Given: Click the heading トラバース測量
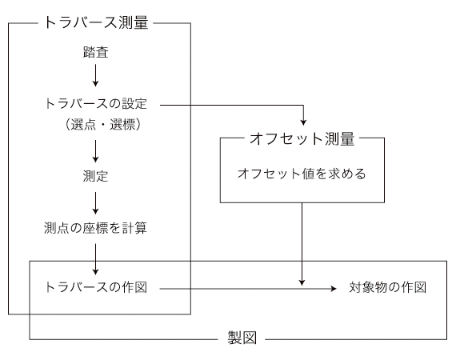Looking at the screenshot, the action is (x=96, y=22).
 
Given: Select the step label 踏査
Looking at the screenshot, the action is (x=96, y=52).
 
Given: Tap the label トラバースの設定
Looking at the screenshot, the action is (x=96, y=103).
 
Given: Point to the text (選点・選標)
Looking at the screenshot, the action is (x=102, y=125).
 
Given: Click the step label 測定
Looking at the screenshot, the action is (x=95, y=176).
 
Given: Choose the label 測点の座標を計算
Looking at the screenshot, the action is (x=95, y=228).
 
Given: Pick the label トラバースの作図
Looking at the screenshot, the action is (x=96, y=287).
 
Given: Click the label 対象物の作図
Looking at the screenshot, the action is (x=388, y=287).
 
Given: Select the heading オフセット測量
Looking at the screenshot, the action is (x=302, y=138).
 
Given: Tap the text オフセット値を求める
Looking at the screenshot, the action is (x=302, y=174).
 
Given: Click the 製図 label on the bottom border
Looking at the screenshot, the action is (x=242, y=338).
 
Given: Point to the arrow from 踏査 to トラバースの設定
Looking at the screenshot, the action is (x=95, y=75).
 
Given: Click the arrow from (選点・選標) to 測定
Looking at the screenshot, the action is (x=95, y=151).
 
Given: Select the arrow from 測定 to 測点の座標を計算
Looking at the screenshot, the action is (x=95, y=203).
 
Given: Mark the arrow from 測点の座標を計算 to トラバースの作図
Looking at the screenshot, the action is (x=95, y=259).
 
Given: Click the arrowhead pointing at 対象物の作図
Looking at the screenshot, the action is (x=334, y=289).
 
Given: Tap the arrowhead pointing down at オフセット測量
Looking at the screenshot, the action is (x=303, y=122).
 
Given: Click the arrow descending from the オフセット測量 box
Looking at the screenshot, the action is (x=302, y=244).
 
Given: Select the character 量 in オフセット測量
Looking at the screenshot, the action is (x=347, y=138).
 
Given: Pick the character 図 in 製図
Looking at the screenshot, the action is (x=250, y=338).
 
